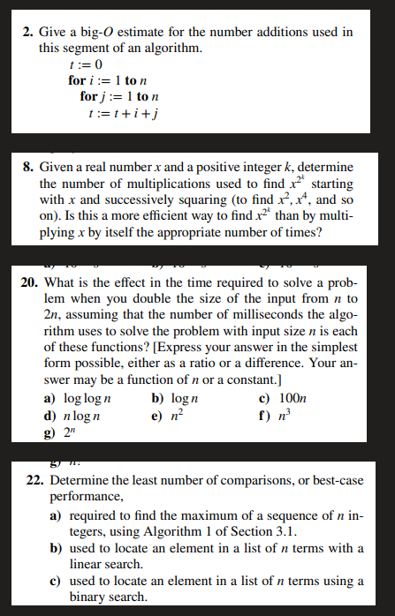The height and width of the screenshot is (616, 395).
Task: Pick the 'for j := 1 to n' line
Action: coord(118,95)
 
